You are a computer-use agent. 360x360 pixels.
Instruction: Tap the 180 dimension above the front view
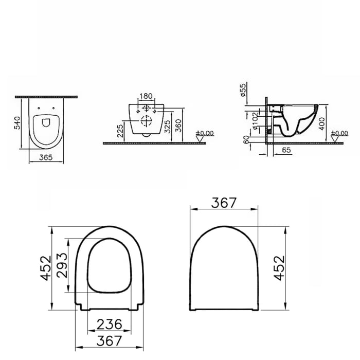pyautogui.click(x=147, y=96)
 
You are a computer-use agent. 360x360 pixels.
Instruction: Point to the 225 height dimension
pyautogui.click(x=119, y=131)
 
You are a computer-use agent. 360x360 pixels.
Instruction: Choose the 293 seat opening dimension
pyautogui.click(x=61, y=264)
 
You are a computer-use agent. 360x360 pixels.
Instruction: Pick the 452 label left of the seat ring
pyautogui.click(x=47, y=268)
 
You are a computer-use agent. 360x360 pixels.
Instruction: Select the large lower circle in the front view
pyautogui.click(x=147, y=123)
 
